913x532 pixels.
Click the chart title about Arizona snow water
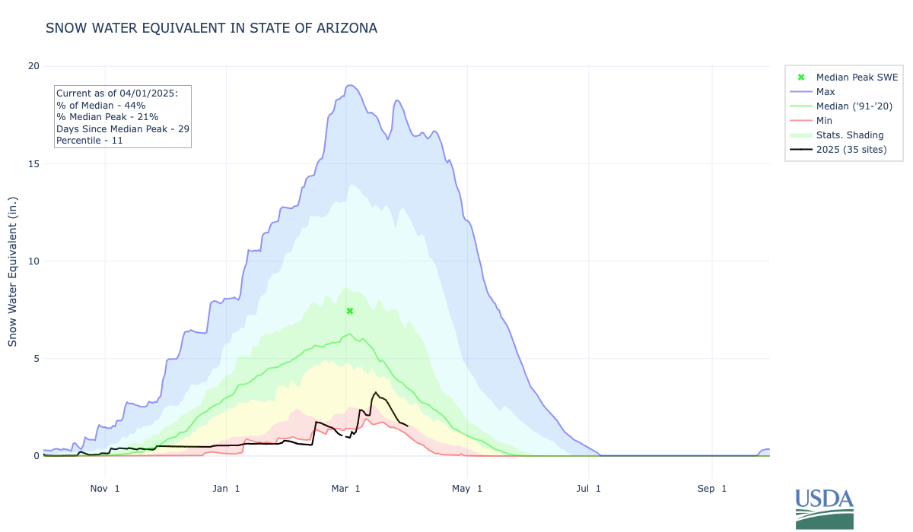click(x=212, y=28)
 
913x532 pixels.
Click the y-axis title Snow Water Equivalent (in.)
click(x=13, y=261)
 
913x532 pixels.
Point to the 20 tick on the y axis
click(x=33, y=66)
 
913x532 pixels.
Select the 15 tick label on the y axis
click(x=33, y=163)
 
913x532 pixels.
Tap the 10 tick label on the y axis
click(x=33, y=261)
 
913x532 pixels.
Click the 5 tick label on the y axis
click(x=36, y=358)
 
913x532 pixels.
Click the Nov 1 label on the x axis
click(x=104, y=489)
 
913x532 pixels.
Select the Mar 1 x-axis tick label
click(x=346, y=489)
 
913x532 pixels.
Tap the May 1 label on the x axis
click(x=468, y=489)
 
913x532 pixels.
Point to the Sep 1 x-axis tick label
click(x=712, y=489)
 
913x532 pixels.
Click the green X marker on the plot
click(x=350, y=311)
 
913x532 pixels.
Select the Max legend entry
click(x=826, y=92)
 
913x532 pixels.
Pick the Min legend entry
click(x=824, y=121)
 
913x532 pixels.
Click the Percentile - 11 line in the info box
click(x=90, y=141)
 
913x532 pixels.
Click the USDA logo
click(x=825, y=508)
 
